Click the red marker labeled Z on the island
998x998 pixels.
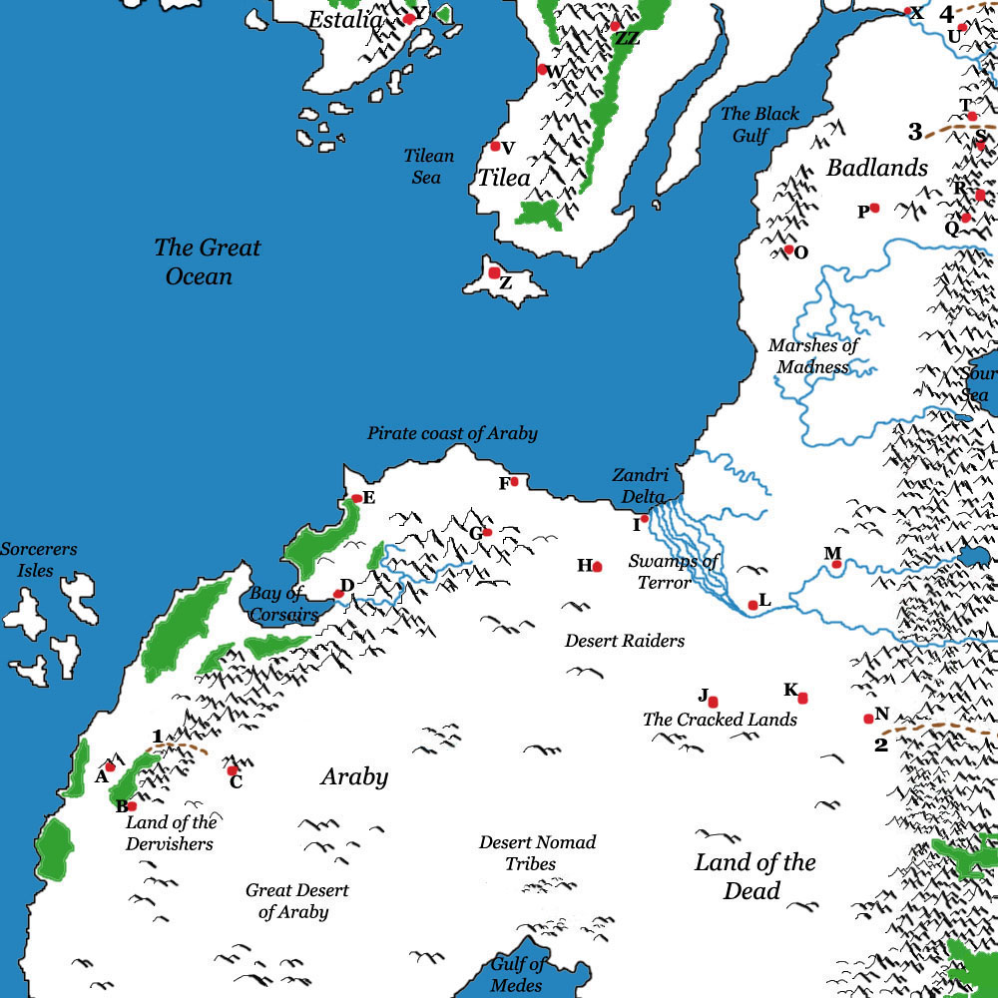tap(494, 272)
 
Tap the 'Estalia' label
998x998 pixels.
tap(343, 19)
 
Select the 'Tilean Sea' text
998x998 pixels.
tap(428, 167)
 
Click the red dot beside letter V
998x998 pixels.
tap(495, 147)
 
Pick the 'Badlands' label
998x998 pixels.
tap(877, 168)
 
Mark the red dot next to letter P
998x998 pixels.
tap(874, 208)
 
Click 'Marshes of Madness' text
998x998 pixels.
tap(813, 356)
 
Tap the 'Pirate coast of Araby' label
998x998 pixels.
tap(452, 433)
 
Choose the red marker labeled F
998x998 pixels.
tap(514, 482)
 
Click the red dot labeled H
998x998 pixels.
tap(597, 567)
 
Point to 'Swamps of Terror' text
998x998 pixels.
tap(673, 571)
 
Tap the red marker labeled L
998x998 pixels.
tap(752, 605)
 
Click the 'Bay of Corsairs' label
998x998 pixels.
tap(282, 605)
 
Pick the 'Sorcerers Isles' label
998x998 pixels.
tap(38, 560)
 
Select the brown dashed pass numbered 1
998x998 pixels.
tap(180, 748)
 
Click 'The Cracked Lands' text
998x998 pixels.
tap(720, 720)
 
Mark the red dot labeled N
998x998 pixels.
tap(868, 719)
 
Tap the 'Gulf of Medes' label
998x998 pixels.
tap(517, 975)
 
